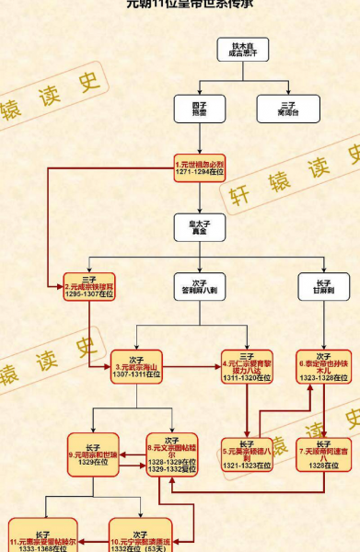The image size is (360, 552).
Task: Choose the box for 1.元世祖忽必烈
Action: tap(200, 167)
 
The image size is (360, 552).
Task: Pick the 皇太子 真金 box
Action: tap(200, 226)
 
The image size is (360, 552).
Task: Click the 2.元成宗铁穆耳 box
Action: tap(90, 285)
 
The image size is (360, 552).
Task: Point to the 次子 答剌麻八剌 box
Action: tap(200, 285)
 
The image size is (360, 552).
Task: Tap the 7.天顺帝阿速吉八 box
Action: tap(322, 448)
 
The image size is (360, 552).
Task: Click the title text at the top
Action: tap(180, 5)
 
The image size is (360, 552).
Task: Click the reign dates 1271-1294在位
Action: tap(200, 174)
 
